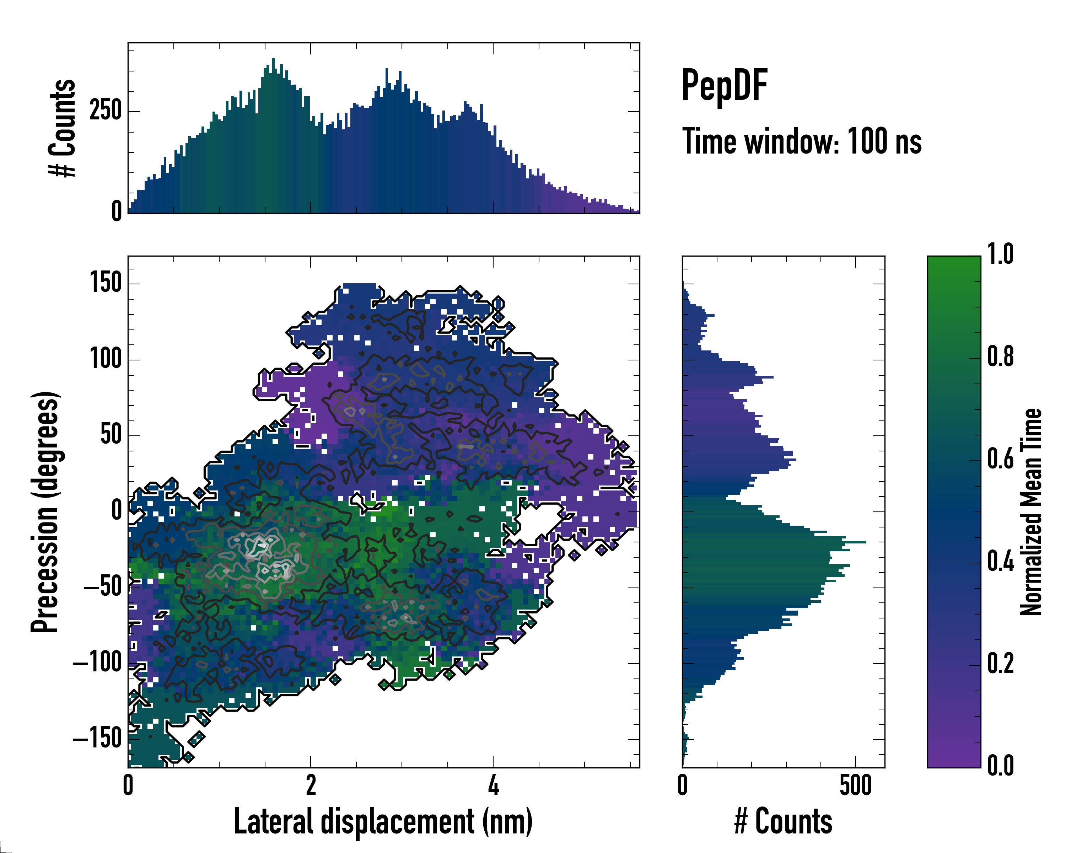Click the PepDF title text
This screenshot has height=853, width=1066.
pos(724,86)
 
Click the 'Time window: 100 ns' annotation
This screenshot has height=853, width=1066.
pos(802,141)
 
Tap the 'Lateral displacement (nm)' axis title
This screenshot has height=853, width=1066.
pos(383,822)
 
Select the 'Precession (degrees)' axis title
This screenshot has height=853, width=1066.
pos(45,512)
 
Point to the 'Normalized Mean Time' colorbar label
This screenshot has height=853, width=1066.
pos(1031,512)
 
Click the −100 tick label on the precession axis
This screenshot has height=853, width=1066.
pos(97,663)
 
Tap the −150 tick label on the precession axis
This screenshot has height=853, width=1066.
pos(97,739)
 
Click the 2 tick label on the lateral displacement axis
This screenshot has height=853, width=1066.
pos(311,785)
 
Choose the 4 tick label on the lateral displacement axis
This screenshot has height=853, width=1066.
pos(493,785)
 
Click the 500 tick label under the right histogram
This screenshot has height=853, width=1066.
pos(855,785)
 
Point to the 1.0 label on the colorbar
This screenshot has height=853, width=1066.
pos(1000,255)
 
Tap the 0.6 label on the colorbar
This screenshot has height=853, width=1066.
pos(1000,460)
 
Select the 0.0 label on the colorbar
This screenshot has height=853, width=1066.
pos(1000,766)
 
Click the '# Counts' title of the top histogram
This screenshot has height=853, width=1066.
pos(62,128)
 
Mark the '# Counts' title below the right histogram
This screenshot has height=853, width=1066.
pos(783,822)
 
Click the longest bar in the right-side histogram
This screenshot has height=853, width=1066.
pos(774,542)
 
